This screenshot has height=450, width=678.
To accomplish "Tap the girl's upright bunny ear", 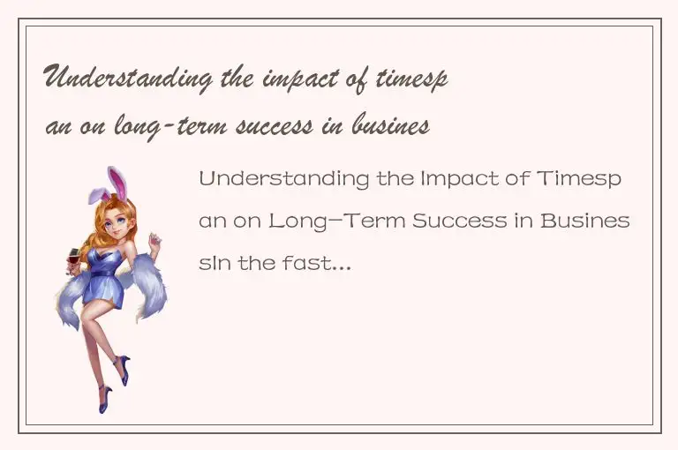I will click(115, 182).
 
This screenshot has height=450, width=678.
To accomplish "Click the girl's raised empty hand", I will click(155, 240).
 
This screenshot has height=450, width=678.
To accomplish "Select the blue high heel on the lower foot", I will click(106, 399).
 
